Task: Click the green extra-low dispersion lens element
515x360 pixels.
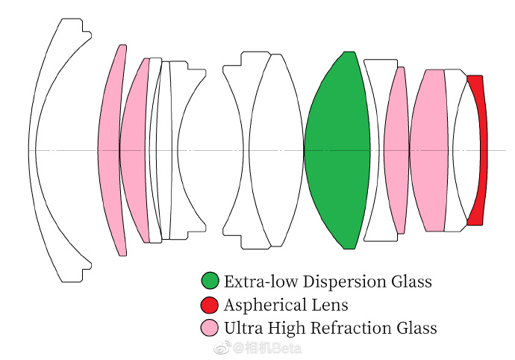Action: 337,150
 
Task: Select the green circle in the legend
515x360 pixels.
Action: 210,281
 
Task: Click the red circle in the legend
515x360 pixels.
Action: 210,305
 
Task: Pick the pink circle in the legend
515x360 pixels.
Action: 210,328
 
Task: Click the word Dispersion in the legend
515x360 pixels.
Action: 345,282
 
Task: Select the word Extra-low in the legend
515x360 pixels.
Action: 261,282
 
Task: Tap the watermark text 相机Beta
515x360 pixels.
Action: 268,349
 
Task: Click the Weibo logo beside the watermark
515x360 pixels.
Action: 222,348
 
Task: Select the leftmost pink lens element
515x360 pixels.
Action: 110,150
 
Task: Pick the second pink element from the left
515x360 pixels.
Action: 133,150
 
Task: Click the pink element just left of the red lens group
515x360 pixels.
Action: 428,150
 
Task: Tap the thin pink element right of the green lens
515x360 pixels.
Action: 396,150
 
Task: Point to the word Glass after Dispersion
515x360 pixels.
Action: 411,282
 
